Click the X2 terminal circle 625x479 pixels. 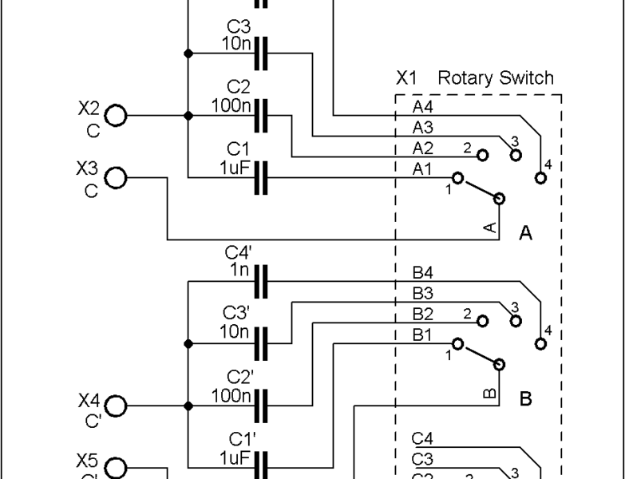117,116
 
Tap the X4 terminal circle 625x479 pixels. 117,406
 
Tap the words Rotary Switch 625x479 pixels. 495,78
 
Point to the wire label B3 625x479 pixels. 423,295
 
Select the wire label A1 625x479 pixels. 423,168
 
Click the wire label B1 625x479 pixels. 423,336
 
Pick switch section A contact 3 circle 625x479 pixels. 516,153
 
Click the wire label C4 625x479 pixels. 423,438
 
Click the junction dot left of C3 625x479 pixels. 188,53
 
